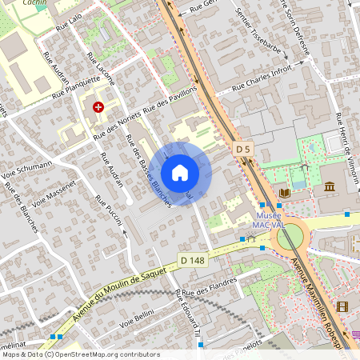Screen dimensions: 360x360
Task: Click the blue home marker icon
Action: (x=180, y=173)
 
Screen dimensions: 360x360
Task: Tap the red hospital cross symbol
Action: (x=98, y=106)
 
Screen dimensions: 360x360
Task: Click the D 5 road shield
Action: (x=244, y=149)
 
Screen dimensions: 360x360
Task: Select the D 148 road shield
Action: (x=192, y=260)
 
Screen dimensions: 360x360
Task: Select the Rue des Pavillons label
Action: (x=169, y=102)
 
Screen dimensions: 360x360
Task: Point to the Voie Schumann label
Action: (x=26, y=169)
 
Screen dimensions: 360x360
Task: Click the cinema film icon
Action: (x=342, y=306)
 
